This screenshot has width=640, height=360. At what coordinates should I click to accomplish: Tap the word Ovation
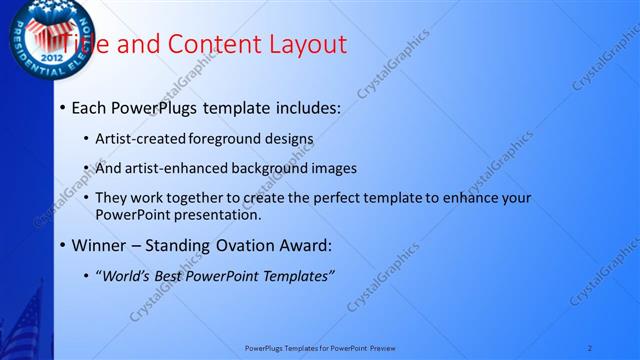250,244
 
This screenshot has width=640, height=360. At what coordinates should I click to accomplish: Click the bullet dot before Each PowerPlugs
62,107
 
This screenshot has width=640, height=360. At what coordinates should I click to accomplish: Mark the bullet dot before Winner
62,245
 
